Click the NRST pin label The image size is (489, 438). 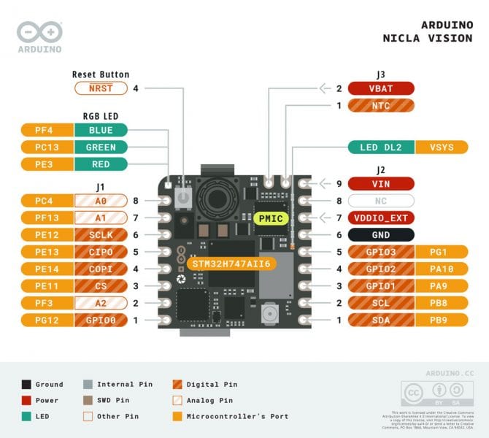pyautogui.click(x=100, y=88)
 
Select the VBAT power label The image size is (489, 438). pyautogui.click(x=381, y=88)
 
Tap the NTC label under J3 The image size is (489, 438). pyautogui.click(x=381, y=106)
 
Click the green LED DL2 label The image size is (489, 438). pyautogui.click(x=381, y=147)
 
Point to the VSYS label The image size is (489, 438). pyautogui.click(x=442, y=147)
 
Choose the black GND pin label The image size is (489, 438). pyautogui.click(x=381, y=235)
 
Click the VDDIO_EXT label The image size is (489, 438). pyautogui.click(x=381, y=218)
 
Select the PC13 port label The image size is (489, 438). pyautogui.click(x=43, y=147)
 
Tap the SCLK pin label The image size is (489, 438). pyautogui.click(x=100, y=235)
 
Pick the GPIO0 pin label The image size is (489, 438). pyautogui.click(x=100, y=320)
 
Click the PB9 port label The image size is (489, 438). pyautogui.click(x=442, y=320)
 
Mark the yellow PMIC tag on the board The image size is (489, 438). pyautogui.click(x=269, y=218)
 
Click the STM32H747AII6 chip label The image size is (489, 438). pyautogui.click(x=231, y=263)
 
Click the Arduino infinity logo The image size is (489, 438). pyautogui.click(x=39, y=33)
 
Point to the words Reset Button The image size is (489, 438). pyautogui.click(x=101, y=74)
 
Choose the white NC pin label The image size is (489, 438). pyautogui.click(x=381, y=200)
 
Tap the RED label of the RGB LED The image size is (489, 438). pyautogui.click(x=100, y=164)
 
